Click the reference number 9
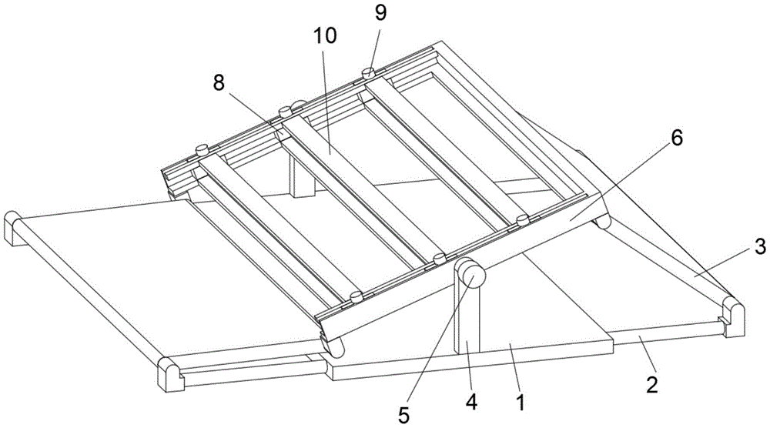click(x=380, y=13)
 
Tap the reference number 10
click(x=325, y=36)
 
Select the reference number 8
click(x=219, y=83)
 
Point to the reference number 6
click(x=676, y=139)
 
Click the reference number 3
click(x=760, y=246)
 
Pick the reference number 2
click(x=651, y=385)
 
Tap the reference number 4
click(x=471, y=403)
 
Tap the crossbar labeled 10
click(x=358, y=187)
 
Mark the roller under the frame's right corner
click(x=603, y=222)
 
